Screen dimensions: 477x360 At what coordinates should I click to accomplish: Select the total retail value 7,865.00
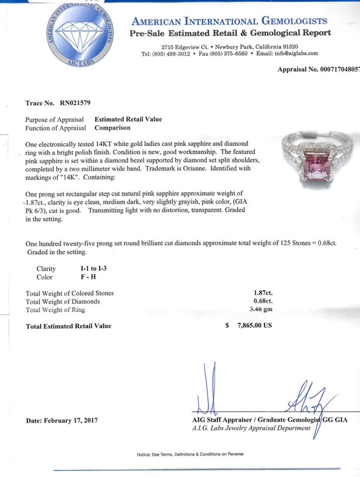[254, 326]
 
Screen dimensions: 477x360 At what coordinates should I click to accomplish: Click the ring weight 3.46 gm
[258, 310]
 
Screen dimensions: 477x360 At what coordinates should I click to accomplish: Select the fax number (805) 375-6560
[229, 54]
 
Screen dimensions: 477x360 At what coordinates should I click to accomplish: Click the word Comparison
[112, 128]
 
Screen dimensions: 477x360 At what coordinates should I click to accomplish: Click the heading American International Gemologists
[230, 22]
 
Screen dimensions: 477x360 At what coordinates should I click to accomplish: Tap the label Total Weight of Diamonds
[63, 301]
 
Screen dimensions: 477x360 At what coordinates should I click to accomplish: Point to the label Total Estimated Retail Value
[68, 326]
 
